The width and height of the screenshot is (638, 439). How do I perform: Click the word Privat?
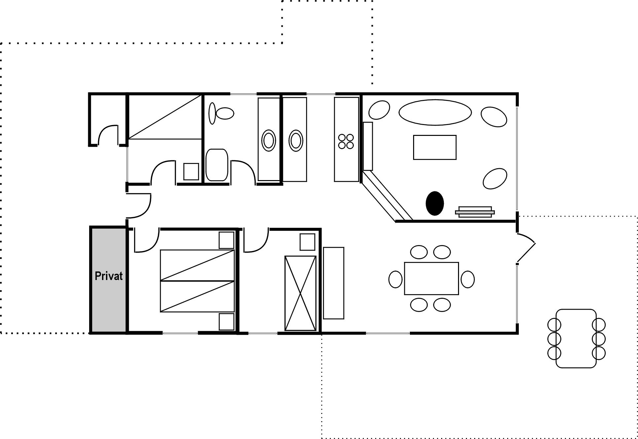tap(109, 276)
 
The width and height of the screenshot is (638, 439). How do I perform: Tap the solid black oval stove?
tap(435, 203)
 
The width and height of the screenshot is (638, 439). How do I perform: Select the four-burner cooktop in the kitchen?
tap(346, 141)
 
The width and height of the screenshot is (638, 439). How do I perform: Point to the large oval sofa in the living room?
tap(435, 112)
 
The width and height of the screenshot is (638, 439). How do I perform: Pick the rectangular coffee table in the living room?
tap(435, 147)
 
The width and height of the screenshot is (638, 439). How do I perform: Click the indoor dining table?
tap(431, 279)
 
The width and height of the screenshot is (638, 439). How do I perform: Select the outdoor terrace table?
tap(576, 338)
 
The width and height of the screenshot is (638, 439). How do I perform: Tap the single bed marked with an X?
tap(301, 293)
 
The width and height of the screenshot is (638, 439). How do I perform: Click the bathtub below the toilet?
tap(217, 165)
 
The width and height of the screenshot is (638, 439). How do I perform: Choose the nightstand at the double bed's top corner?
tap(227, 240)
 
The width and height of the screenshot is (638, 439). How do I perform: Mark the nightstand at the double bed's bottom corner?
tap(227, 322)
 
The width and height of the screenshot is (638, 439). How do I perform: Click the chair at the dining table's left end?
tap(395, 279)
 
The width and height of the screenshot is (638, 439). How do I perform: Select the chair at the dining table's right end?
tap(468, 279)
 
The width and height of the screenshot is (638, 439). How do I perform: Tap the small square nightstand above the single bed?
tap(307, 242)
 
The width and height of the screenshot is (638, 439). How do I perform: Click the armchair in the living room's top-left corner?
tap(379, 110)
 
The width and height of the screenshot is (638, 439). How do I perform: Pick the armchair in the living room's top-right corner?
tap(494, 117)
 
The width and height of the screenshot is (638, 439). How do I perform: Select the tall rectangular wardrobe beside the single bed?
tap(334, 283)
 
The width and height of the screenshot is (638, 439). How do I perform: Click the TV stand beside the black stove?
tap(475, 212)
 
